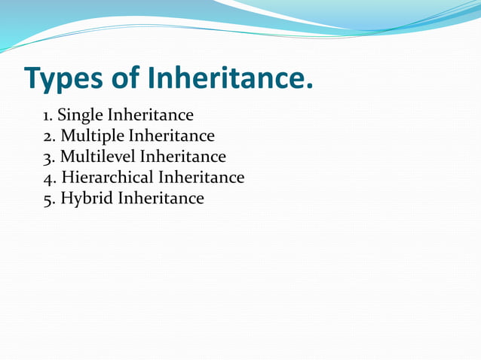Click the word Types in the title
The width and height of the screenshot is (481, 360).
pyautogui.click(x=66, y=78)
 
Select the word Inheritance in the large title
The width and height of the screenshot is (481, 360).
pyautogui.click(x=226, y=78)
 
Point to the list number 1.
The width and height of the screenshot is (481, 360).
pyautogui.click(x=47, y=116)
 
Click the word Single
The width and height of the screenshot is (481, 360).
pyautogui.click(x=80, y=116)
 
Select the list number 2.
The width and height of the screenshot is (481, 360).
pyautogui.click(x=48, y=136)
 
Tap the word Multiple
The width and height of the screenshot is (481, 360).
pyautogui.click(x=92, y=136)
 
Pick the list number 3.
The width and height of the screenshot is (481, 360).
pyautogui.click(x=48, y=157)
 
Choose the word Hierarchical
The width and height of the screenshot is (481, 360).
pyautogui.click(x=107, y=178)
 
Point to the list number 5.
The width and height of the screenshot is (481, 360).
pyautogui.click(x=48, y=198)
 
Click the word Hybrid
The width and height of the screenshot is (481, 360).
pyautogui.click(x=84, y=198)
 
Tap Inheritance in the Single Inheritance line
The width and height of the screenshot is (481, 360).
pyautogui.click(x=150, y=116)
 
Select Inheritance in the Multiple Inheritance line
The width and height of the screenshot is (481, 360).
pyautogui.click(x=171, y=136)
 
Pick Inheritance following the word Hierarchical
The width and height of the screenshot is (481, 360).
pyautogui.click(x=201, y=178)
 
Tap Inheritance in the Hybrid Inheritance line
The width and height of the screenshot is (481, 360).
pyautogui.click(x=161, y=198)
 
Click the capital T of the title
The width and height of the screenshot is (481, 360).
pyautogui.click(x=34, y=78)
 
